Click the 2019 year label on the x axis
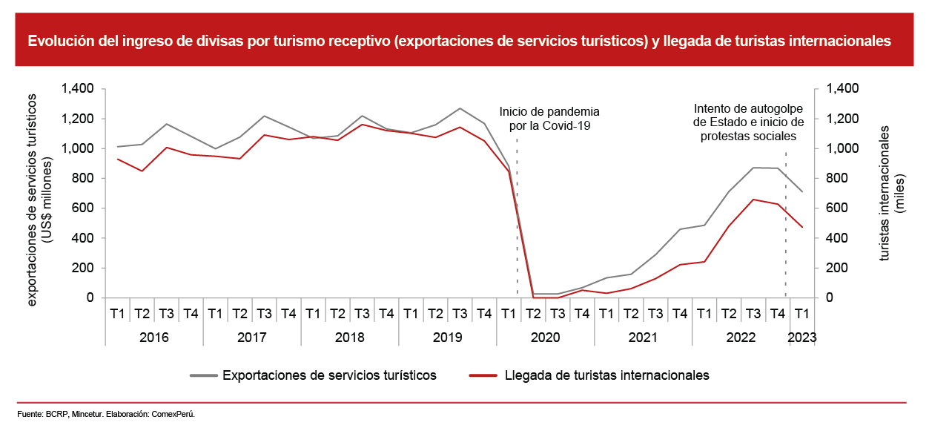tap(448, 338)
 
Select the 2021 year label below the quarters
tap(644, 338)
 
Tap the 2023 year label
tap(801, 338)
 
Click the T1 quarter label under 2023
tap(801, 314)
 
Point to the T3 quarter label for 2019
tap(460, 314)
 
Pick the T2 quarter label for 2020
tap(533, 314)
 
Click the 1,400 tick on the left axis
tap(78, 89)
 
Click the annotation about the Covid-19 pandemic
tap(549, 118)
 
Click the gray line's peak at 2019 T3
tap(460, 108)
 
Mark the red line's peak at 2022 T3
tap(753, 200)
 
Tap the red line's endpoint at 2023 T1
tap(801, 226)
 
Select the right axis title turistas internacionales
tap(892, 193)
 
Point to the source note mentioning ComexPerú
tap(106, 414)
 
